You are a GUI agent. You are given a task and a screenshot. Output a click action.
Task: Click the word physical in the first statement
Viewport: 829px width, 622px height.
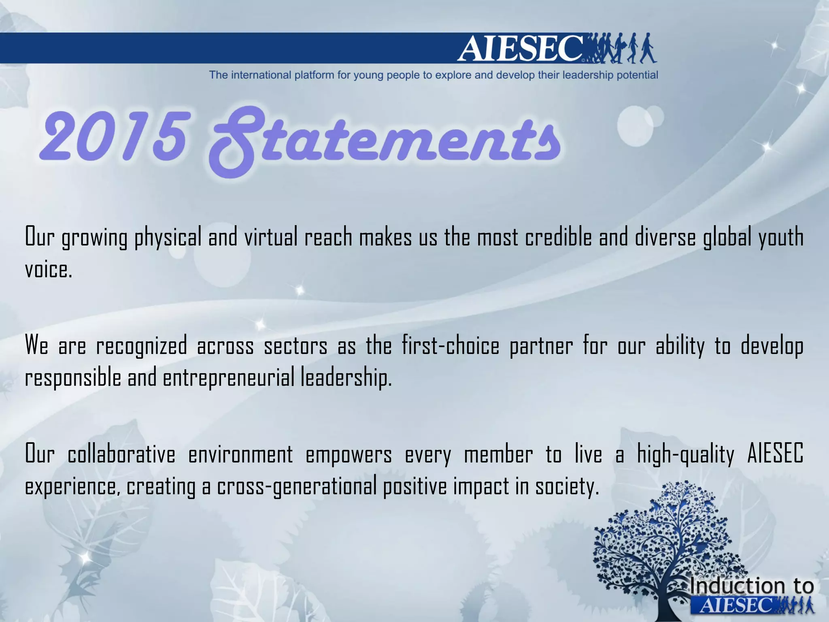[168, 238]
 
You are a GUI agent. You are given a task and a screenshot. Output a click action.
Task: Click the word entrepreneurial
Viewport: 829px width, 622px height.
[229, 378]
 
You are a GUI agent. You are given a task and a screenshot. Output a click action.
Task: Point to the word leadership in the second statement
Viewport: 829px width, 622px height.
[346, 378]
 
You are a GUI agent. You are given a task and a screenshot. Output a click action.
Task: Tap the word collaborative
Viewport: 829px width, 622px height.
[121, 454]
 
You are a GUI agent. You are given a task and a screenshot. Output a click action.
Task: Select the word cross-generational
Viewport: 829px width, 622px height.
[297, 487]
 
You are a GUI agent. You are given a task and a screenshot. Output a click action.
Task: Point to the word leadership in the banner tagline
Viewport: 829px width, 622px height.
[589, 75]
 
